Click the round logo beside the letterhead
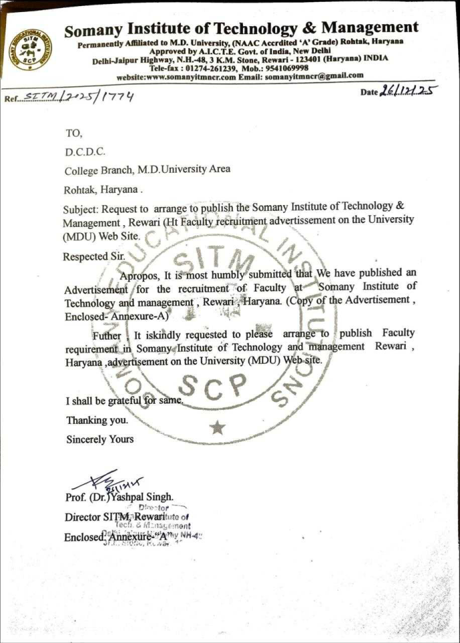coord(30,50)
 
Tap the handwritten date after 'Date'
coord(405,90)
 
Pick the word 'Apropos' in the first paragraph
coord(139,275)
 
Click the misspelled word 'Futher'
coord(107,334)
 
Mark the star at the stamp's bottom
coord(217,427)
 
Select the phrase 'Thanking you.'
coord(96,421)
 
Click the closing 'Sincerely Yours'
coord(100,439)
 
